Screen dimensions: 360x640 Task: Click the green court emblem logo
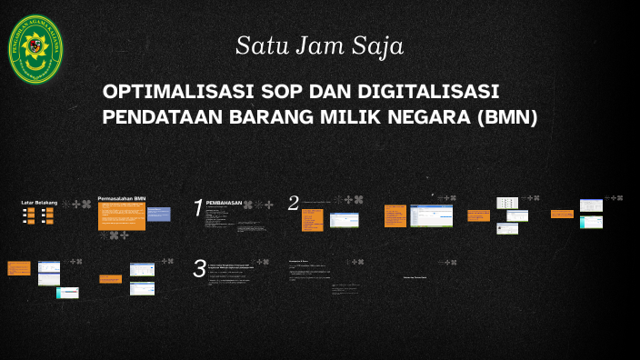coord(35,49)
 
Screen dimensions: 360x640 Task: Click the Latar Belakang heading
coord(39,201)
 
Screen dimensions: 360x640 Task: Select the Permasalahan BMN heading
coord(122,197)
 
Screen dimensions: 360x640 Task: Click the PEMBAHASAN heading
coord(225,203)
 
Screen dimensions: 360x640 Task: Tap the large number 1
coord(197,209)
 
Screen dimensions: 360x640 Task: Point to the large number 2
coord(293,204)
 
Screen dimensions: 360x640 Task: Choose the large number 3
coord(199,268)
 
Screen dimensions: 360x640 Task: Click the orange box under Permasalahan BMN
coord(121,216)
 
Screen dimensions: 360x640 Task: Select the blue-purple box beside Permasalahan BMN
coord(158,215)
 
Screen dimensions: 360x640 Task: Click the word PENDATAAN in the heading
coord(165,118)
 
